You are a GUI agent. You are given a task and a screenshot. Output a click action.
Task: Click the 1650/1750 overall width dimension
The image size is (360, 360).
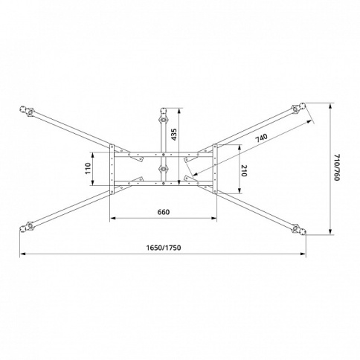(x=164, y=248)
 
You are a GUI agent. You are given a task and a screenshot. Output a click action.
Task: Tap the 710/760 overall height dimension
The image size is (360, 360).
(x=336, y=167)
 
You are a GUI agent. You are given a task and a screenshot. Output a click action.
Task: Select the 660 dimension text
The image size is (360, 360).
(x=164, y=212)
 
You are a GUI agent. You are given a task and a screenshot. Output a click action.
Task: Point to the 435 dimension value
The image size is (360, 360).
(x=175, y=135)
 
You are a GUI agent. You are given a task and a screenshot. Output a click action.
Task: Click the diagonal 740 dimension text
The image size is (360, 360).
(x=262, y=138)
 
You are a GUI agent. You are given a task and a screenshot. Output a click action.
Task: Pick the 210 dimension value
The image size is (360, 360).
(x=244, y=170)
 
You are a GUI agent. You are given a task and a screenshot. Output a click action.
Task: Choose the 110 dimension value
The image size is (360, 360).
(x=88, y=168)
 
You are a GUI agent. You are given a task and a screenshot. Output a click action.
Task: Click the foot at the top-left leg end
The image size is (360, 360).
(x=23, y=109)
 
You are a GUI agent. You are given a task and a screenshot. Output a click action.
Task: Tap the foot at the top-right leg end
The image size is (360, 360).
(x=302, y=106)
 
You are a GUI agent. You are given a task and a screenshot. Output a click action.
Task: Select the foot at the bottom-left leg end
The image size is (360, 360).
(x=23, y=229)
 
